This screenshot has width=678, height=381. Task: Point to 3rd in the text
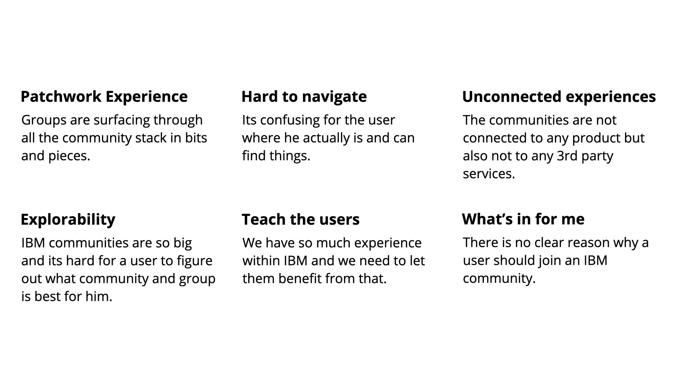pos(567,156)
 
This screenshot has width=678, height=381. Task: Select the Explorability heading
pos(68,220)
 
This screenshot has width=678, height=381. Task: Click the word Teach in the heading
pos(263,219)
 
